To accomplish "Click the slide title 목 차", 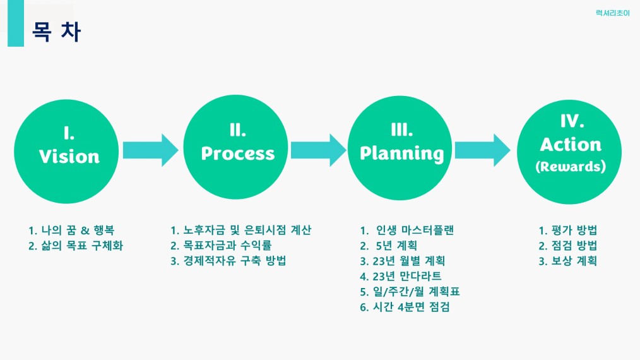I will pyautogui.click(x=57, y=32).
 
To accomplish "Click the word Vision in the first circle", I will pyautogui.click(x=69, y=156).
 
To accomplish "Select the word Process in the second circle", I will pyautogui.click(x=238, y=153).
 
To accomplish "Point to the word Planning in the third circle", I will pyautogui.click(x=402, y=153).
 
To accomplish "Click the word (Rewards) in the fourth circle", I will pyautogui.click(x=570, y=167).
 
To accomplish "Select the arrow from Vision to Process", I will pyautogui.click(x=150, y=150).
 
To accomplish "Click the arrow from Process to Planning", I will pyautogui.click(x=318, y=150).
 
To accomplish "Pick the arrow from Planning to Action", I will pyautogui.click(x=482, y=150).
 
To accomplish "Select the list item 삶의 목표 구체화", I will pyautogui.click(x=76, y=246).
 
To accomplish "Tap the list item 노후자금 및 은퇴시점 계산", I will pyautogui.click(x=241, y=231).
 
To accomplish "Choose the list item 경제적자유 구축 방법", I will pyautogui.click(x=228, y=261).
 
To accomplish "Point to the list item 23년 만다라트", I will pyautogui.click(x=401, y=276).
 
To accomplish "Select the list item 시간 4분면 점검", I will pyautogui.click(x=405, y=307).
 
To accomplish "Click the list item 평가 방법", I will pyautogui.click(x=568, y=231).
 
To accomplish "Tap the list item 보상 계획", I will pyautogui.click(x=568, y=261).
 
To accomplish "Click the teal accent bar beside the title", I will pyautogui.click(x=16, y=23).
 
